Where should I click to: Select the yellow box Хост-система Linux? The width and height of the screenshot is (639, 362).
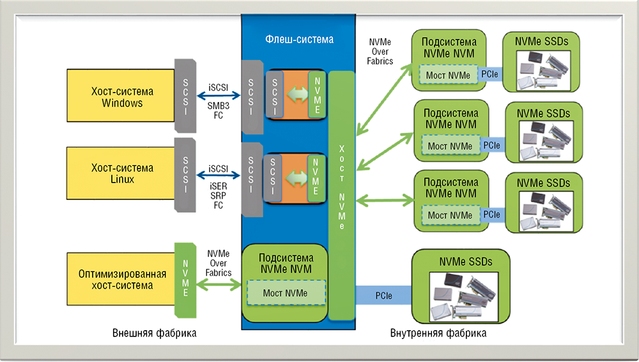point(121,174)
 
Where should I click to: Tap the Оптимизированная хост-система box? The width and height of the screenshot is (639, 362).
point(121,279)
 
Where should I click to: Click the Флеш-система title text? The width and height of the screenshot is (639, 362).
point(299,40)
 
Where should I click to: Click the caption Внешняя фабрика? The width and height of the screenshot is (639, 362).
point(154,333)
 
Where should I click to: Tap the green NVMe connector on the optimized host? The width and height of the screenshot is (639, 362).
point(185,279)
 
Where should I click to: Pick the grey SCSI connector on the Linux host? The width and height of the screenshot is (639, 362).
point(185,174)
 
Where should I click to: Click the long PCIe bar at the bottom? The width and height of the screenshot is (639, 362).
point(383,296)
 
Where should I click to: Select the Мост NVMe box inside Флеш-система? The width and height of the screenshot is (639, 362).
point(286,293)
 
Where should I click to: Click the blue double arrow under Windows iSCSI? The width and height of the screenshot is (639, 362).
point(218,94)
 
